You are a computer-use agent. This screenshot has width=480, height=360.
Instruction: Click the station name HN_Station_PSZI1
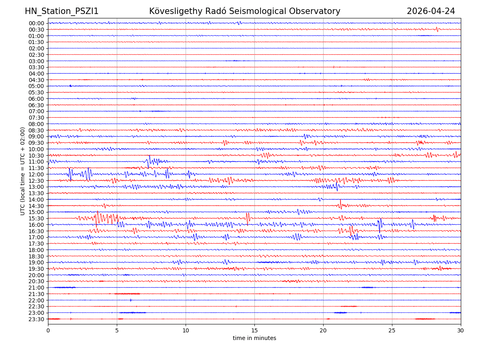(62, 11)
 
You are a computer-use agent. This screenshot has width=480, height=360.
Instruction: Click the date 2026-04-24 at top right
(431, 11)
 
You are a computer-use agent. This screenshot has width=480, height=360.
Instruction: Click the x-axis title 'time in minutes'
(254, 338)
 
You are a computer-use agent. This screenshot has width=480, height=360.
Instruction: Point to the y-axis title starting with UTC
(23, 171)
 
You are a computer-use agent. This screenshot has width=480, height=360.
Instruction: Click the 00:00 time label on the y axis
(36, 23)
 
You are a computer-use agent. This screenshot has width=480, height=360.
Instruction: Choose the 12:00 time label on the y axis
(36, 174)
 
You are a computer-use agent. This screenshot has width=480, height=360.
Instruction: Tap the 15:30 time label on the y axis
(36, 218)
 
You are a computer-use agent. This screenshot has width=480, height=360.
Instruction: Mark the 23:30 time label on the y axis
(36, 319)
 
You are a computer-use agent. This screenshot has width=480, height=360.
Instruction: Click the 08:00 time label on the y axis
(36, 124)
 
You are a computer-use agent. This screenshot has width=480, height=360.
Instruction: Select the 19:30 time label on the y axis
(36, 269)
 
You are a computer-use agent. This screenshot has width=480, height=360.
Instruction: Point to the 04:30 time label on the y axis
(36, 80)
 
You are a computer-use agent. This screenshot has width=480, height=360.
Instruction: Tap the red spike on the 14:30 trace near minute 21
(340, 204)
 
